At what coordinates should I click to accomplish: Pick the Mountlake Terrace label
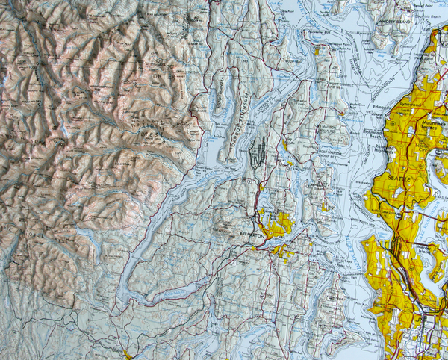coord(426,128)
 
